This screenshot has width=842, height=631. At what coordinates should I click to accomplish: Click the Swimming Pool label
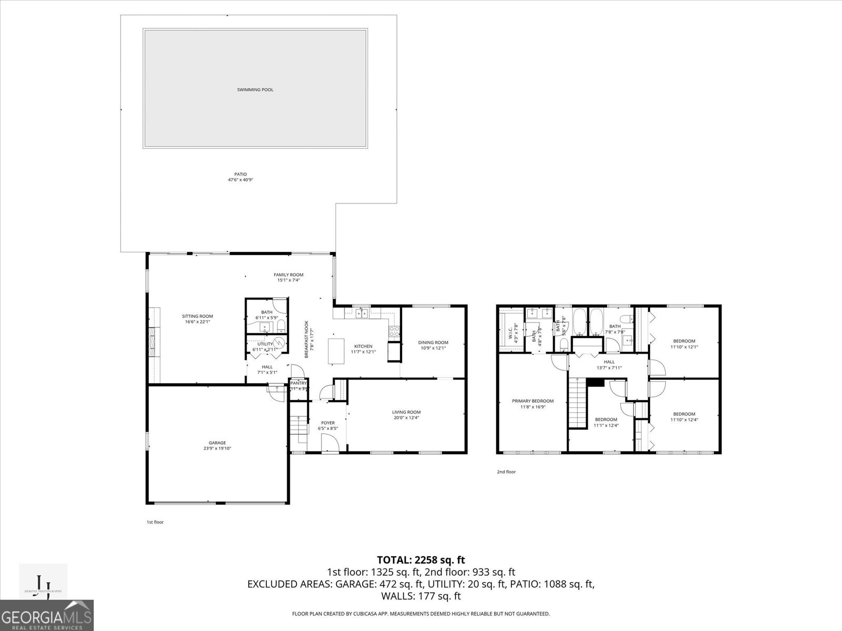click(255, 90)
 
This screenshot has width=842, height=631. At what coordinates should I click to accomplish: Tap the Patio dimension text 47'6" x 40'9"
click(240, 180)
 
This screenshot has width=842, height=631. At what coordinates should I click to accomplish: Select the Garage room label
click(217, 443)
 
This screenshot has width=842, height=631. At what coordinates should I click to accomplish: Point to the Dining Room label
click(433, 343)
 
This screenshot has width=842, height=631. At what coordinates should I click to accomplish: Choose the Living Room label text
click(406, 412)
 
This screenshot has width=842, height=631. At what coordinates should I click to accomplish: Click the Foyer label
click(328, 423)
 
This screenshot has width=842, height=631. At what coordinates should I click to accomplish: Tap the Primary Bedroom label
click(533, 401)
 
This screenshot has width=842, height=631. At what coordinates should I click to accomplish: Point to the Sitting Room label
click(197, 317)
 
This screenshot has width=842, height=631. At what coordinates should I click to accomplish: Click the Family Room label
click(288, 275)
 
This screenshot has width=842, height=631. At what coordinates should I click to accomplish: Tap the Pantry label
click(298, 383)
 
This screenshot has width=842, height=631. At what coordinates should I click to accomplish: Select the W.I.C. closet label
click(510, 332)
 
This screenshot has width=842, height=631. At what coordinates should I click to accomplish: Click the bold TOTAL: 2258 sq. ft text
click(420, 560)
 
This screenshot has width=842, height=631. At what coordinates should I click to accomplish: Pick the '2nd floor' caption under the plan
click(506, 472)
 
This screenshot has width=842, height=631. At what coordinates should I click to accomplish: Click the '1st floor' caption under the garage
click(155, 522)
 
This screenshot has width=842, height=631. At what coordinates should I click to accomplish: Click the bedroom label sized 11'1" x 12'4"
click(605, 420)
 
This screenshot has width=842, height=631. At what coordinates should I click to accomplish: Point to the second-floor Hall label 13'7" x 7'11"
click(609, 362)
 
